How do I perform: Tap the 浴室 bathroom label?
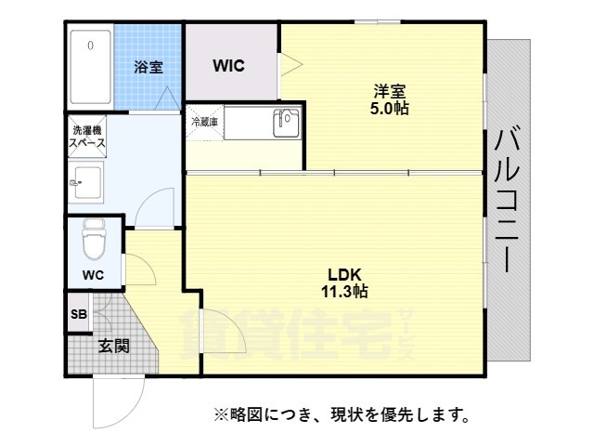[x=148, y=67]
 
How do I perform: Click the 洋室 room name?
[x=391, y=91]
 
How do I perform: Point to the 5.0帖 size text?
[x=391, y=108]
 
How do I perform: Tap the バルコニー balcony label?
[x=508, y=201]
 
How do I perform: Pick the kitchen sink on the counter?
[x=286, y=122]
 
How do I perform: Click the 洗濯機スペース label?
[x=88, y=137]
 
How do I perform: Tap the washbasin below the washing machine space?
[x=86, y=182]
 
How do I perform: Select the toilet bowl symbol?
[x=93, y=241]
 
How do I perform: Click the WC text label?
[x=92, y=275]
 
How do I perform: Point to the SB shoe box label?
[x=78, y=314]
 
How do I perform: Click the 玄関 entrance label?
[x=113, y=346]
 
